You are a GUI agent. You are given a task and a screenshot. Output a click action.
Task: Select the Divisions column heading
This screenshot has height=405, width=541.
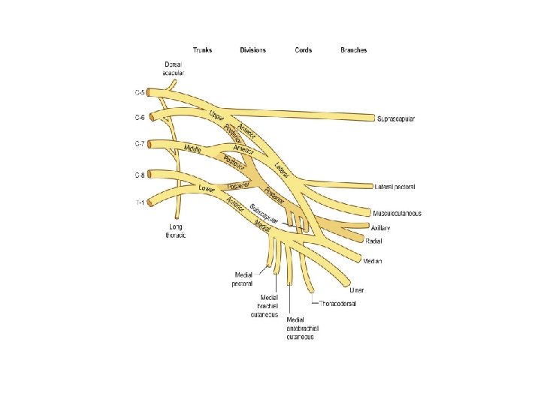click(x=252, y=50)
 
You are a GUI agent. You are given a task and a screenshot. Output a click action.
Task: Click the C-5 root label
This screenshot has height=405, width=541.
click(x=140, y=93)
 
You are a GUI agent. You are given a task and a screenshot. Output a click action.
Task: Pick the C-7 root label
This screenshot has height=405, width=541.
click(x=140, y=143)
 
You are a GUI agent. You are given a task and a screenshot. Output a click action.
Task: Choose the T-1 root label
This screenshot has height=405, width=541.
click(x=141, y=202)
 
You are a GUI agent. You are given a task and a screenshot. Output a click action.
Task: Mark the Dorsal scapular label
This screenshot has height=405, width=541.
click(x=174, y=70)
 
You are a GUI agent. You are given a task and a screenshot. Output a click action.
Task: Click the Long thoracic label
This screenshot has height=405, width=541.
click(x=175, y=231)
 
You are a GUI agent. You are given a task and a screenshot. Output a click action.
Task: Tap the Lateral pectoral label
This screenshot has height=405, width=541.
click(x=396, y=186)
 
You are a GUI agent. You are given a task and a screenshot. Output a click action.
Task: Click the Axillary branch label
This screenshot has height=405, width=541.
click(x=380, y=226)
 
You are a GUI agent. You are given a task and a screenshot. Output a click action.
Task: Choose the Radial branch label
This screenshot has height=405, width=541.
click(x=374, y=241)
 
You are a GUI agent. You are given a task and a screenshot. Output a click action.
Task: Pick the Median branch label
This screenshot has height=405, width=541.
click(x=373, y=261)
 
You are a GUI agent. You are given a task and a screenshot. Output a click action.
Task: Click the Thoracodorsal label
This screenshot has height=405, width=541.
click(x=338, y=304)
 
